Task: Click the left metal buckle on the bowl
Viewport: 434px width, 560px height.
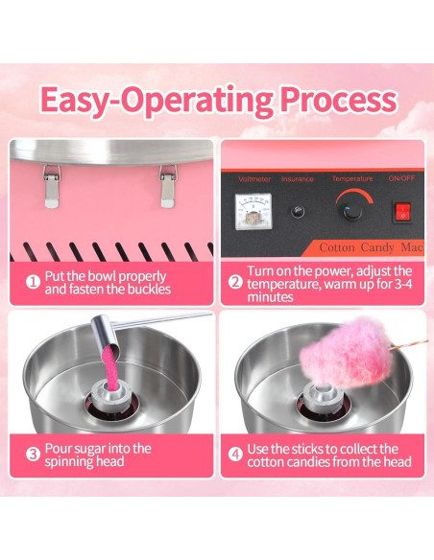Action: [52, 185]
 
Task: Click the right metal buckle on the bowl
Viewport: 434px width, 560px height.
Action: [168, 185]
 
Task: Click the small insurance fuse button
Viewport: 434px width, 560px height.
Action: [300, 211]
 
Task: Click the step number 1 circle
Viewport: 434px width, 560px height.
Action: [31, 283]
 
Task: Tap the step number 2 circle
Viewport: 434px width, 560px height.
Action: [234, 283]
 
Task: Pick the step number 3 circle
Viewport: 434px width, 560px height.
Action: [31, 455]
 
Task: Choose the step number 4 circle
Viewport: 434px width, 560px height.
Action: [234, 455]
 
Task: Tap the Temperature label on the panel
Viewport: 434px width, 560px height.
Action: [351, 179]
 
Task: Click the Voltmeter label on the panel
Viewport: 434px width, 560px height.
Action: [254, 179]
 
